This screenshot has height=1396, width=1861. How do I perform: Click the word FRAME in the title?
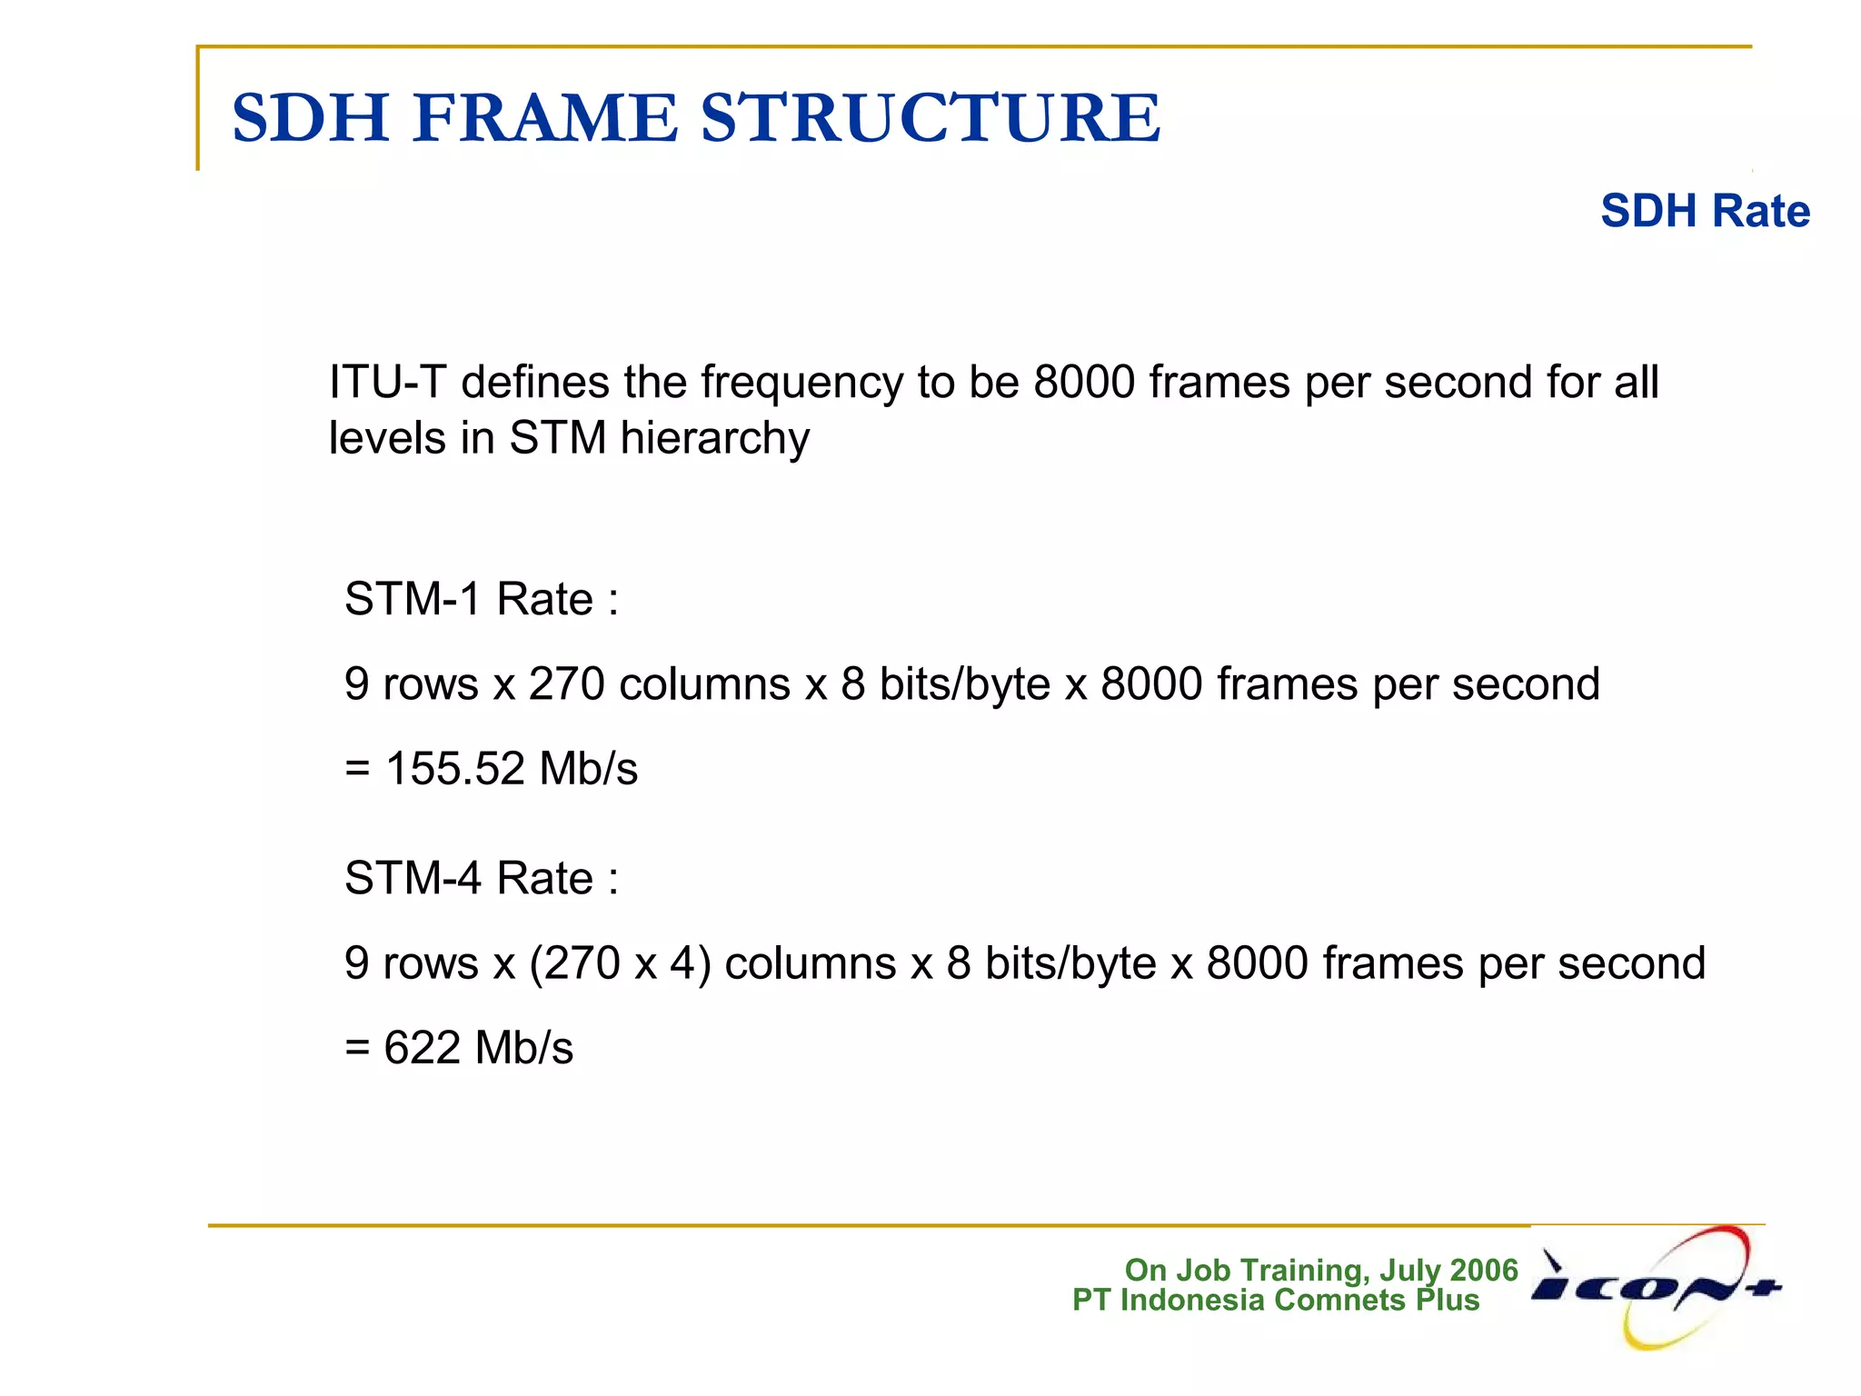click(545, 118)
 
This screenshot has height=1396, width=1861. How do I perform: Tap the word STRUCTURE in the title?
click(930, 118)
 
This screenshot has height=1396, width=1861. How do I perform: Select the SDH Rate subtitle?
click(1705, 211)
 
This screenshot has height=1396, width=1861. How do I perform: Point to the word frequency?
click(801, 384)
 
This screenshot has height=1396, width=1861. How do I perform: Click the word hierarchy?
click(714, 440)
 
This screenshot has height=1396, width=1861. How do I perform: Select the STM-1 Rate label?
click(482, 599)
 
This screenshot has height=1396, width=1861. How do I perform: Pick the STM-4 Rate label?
click(482, 878)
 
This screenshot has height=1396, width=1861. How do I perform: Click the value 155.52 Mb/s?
click(512, 768)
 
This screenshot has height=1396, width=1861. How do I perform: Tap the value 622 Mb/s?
click(479, 1047)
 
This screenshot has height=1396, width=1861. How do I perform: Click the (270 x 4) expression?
click(620, 963)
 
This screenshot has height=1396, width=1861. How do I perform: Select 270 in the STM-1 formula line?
click(566, 684)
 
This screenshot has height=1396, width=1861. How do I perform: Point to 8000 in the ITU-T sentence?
click(1084, 382)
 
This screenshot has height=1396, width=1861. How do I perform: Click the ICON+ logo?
click(1657, 1287)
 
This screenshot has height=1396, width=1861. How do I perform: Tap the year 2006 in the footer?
click(1484, 1270)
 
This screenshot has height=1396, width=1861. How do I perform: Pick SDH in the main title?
click(311, 118)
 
